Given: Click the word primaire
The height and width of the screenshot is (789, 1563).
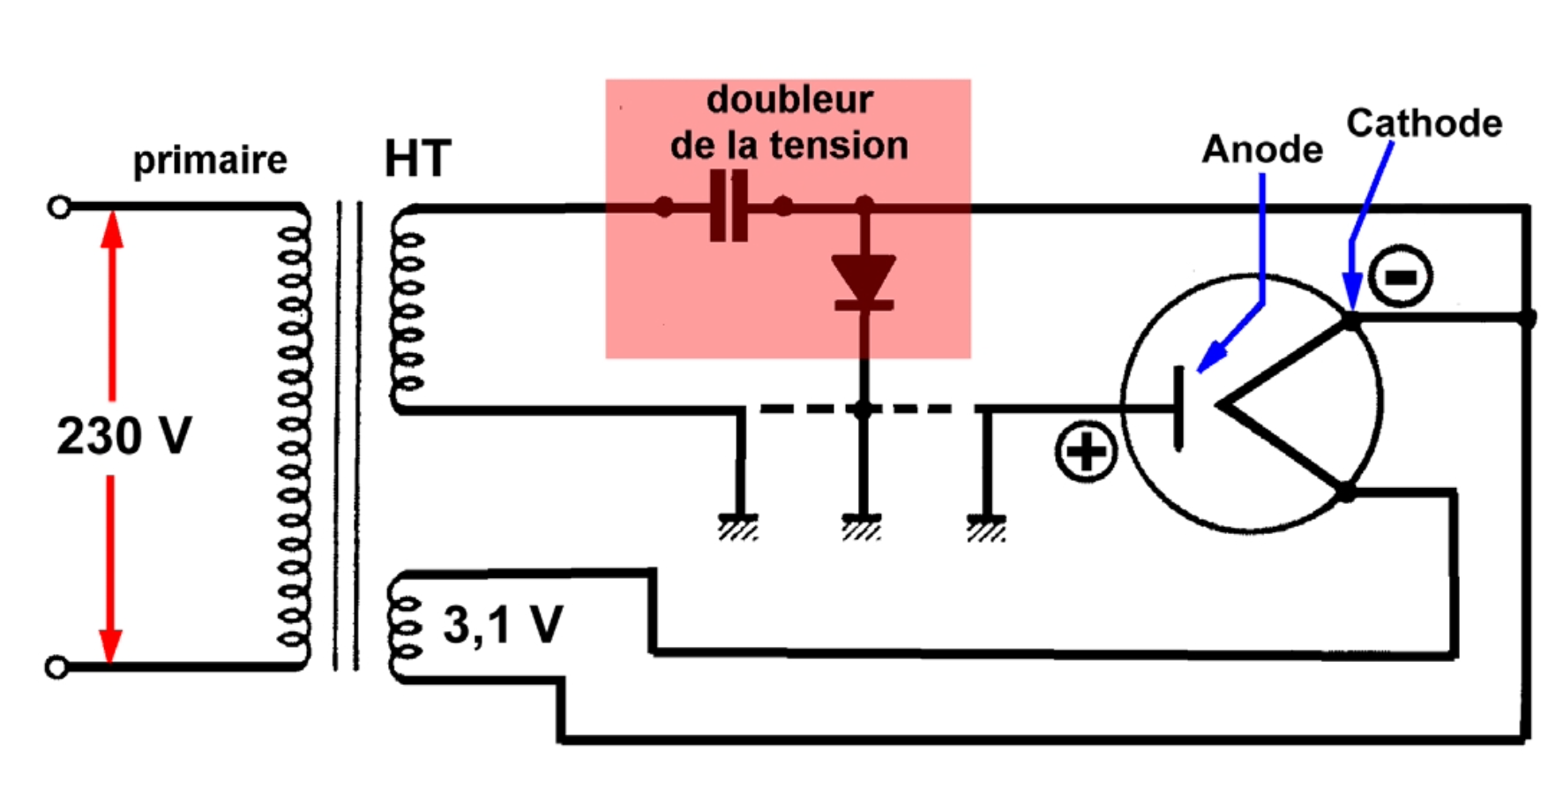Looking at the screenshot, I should [210, 161].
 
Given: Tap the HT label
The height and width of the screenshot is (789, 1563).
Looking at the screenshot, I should [417, 159].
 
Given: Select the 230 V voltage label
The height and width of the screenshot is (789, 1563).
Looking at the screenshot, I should [124, 436].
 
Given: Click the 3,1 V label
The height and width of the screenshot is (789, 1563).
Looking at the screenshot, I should [503, 625].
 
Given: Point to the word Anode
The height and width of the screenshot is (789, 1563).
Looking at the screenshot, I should [1262, 149].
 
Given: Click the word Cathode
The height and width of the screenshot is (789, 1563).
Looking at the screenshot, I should [1424, 123].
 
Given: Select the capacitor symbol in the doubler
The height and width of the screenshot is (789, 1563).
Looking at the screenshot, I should [729, 207].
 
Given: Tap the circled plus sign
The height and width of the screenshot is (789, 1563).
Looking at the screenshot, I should [1085, 452].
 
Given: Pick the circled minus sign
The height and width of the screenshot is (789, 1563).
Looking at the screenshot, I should [1401, 277].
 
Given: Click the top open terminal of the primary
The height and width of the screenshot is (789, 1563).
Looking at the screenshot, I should [59, 207].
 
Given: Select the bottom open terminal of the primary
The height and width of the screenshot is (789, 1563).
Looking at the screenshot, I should [56, 667].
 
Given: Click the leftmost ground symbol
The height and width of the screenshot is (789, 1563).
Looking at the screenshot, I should [738, 526].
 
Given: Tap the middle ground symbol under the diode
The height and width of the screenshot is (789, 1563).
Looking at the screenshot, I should [862, 526].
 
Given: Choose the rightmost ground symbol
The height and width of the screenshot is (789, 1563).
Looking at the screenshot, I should [986, 526].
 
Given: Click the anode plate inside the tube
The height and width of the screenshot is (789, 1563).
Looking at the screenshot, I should [1178, 408].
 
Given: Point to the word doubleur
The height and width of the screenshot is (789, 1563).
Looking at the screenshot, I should [789, 100].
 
